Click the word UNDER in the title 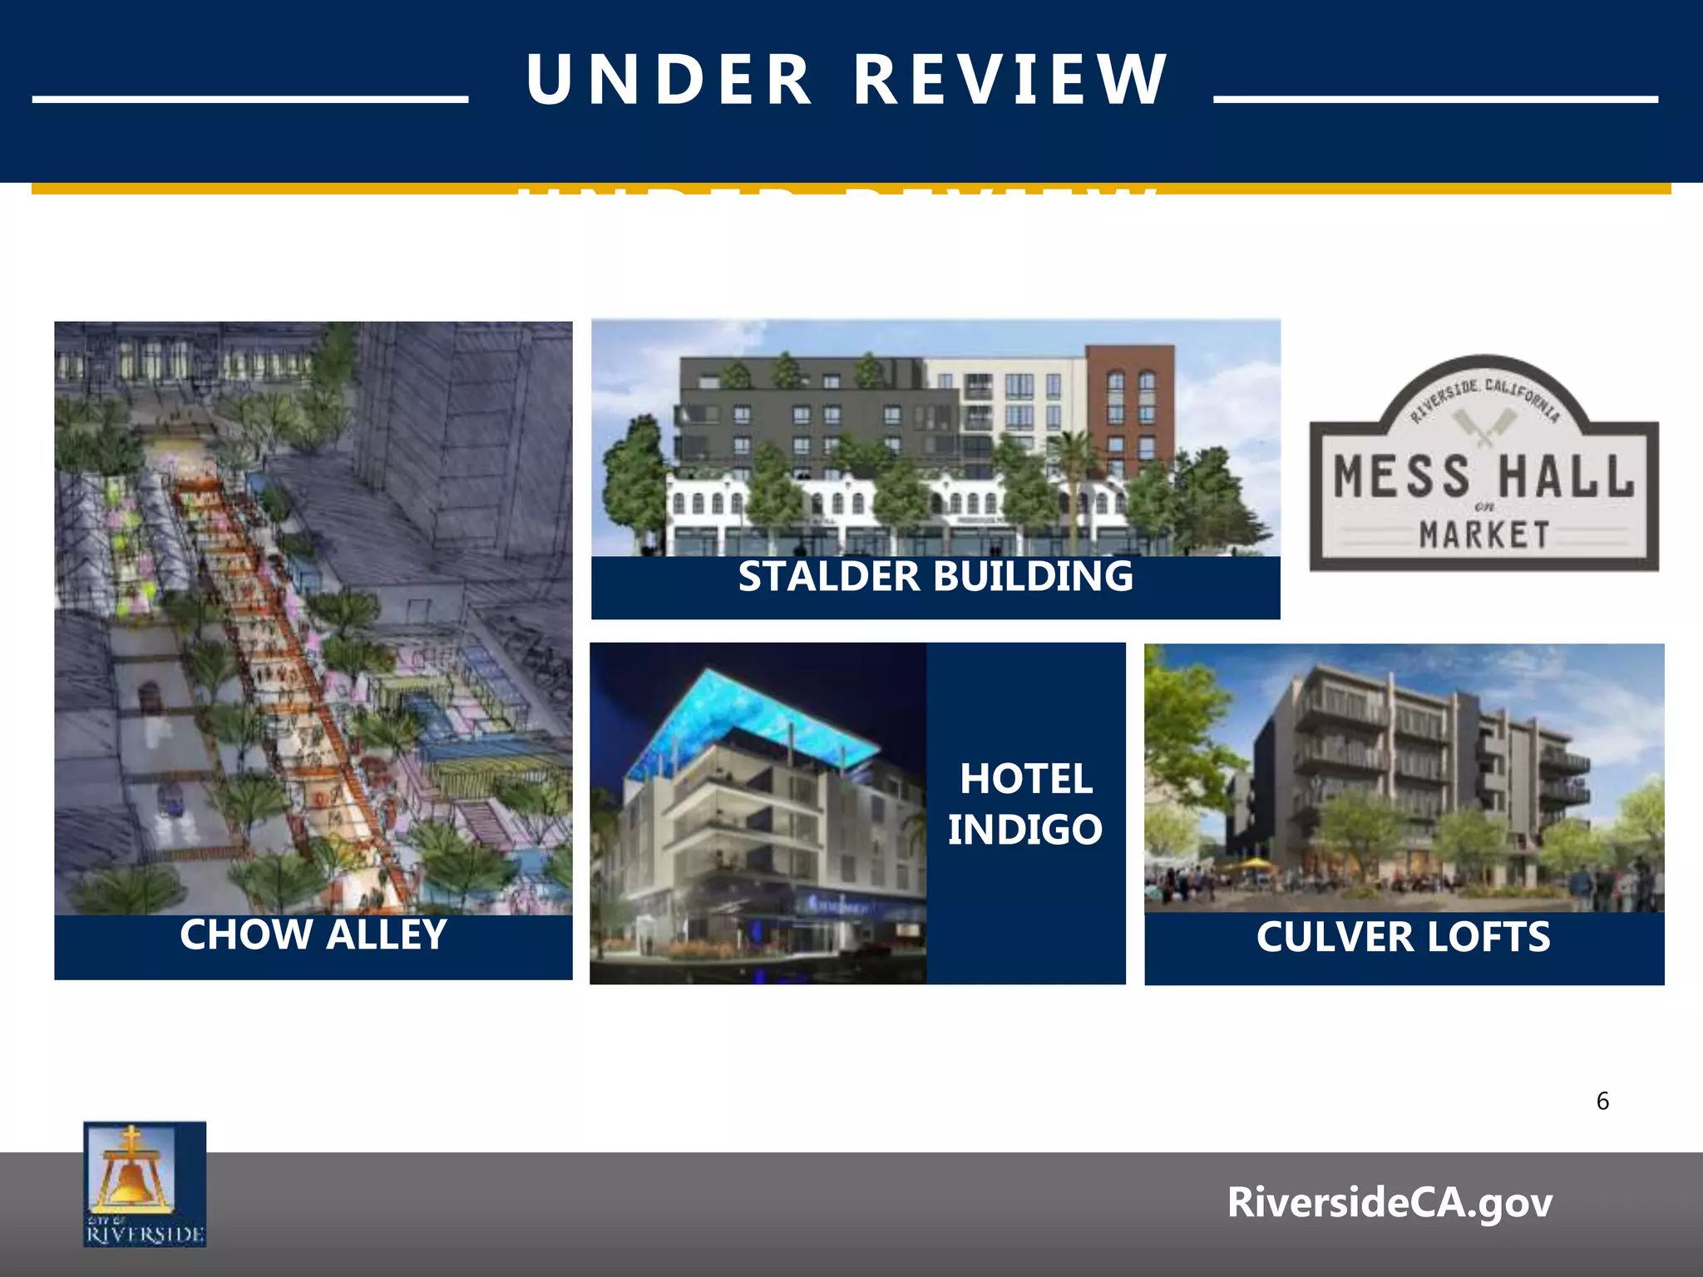[x=669, y=81]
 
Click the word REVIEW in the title [x=1011, y=81]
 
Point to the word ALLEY [x=387, y=934]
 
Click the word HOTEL [x=1026, y=780]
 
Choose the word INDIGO [x=1025, y=830]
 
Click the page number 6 [x=1602, y=1102]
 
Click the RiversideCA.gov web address [x=1390, y=1202]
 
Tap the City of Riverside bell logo [x=145, y=1184]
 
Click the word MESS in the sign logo [x=1401, y=476]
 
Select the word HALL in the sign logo [x=1566, y=476]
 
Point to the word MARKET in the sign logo [x=1484, y=535]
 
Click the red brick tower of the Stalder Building [x=1130, y=407]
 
